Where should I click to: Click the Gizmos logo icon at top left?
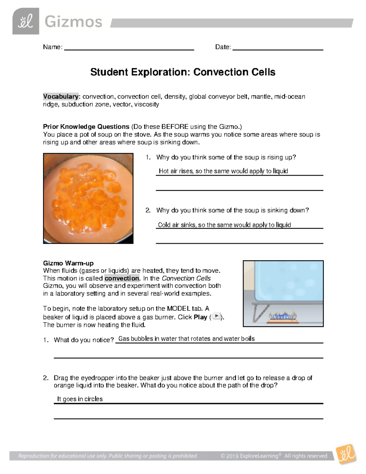(x=26, y=21)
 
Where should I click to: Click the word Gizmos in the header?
(x=73, y=22)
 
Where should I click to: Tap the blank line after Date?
(x=278, y=48)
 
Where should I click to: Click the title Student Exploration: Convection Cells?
(x=183, y=72)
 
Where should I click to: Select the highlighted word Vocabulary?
(x=61, y=96)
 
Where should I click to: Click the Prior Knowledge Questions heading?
(x=86, y=127)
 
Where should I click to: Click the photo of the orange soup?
(x=88, y=198)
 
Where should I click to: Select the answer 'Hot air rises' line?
(x=223, y=171)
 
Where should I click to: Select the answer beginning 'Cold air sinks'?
(x=224, y=225)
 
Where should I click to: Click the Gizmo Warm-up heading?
(x=68, y=263)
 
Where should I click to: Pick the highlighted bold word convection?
(x=122, y=278)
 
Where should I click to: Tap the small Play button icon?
(x=216, y=316)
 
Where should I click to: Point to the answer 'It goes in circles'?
(x=80, y=399)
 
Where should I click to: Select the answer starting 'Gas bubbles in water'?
(x=186, y=338)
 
